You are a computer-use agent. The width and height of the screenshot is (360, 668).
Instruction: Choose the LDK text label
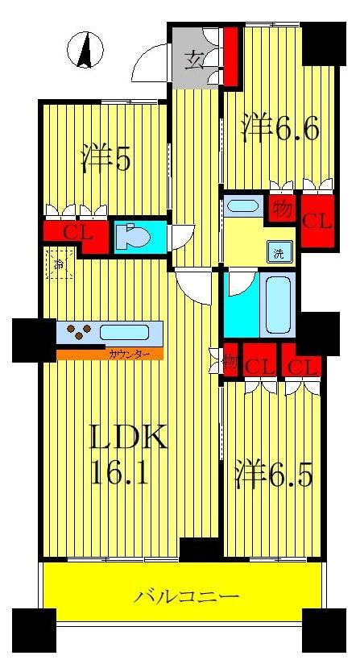[x=127, y=439]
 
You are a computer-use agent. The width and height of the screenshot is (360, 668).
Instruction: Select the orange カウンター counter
[x=110, y=353]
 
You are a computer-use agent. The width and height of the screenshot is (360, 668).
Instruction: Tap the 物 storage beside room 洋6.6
[x=282, y=208]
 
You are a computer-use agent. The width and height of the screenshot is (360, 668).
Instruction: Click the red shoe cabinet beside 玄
[x=230, y=56]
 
